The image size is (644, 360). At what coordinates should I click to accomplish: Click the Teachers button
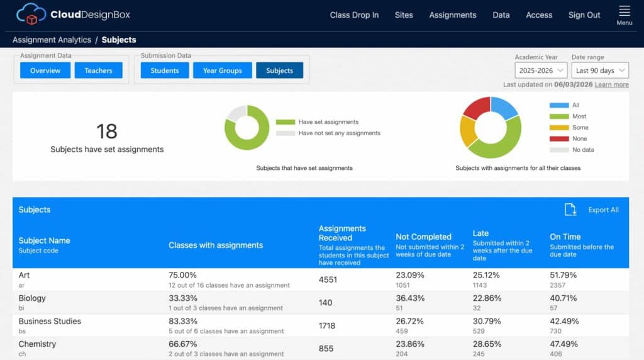98,70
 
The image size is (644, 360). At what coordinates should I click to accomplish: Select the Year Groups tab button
222,70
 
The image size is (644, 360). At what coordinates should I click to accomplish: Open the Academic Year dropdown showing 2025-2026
541,70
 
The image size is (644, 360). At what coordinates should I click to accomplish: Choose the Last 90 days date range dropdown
600,70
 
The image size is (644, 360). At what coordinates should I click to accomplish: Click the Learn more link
611,84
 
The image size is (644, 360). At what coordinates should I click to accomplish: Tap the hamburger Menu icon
625,11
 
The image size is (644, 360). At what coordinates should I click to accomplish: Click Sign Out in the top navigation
584,15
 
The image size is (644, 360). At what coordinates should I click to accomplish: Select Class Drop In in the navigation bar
354,15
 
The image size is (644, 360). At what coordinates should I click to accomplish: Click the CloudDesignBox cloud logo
31,14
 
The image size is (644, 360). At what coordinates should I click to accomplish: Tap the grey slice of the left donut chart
236,113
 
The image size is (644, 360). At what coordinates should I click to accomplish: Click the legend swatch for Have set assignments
286,122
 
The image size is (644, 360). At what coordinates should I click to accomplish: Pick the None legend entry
571,138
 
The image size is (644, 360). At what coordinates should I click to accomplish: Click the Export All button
591,210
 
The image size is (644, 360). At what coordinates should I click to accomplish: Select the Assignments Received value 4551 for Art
328,280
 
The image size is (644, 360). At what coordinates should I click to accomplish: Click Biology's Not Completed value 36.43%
410,298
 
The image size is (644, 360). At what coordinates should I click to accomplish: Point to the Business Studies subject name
50,321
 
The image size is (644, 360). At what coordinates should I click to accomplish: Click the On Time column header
565,237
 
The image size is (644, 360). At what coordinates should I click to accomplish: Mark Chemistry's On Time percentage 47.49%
563,344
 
